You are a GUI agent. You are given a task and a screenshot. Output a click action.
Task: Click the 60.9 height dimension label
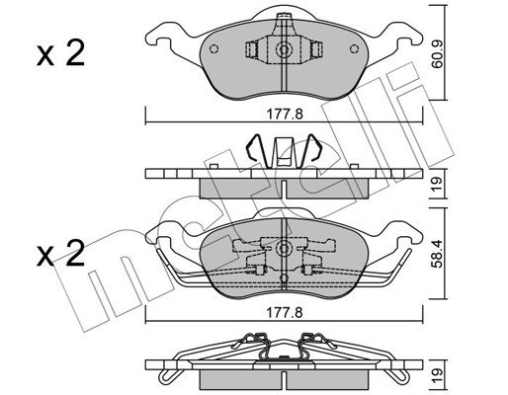438,54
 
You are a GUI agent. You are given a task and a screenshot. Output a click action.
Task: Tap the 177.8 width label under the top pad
285,115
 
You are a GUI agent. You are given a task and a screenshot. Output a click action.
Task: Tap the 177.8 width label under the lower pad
285,313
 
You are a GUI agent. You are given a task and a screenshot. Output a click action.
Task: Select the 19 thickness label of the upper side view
438,184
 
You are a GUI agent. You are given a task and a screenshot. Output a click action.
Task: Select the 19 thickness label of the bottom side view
438,374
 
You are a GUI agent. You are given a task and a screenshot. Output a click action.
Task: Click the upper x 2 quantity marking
60,53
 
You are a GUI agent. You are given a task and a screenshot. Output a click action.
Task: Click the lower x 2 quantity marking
60,253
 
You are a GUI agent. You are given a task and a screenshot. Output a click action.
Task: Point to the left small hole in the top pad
213,48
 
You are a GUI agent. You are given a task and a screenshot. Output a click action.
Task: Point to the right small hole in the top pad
354,48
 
